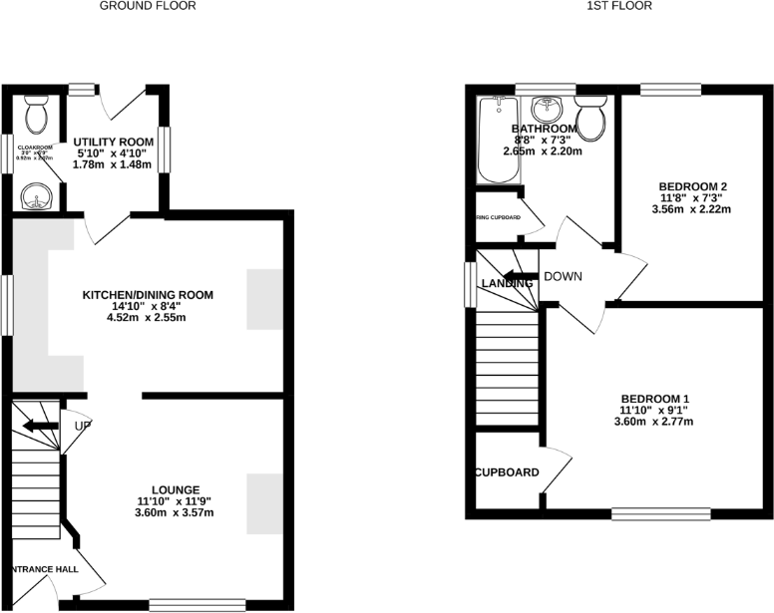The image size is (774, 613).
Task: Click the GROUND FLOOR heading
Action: pyautogui.click(x=148, y=6)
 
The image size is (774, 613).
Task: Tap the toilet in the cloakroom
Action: pyautogui.click(x=36, y=115)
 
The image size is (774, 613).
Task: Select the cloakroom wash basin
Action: pyautogui.click(x=36, y=196)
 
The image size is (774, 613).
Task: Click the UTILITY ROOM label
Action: pyautogui.click(x=115, y=143)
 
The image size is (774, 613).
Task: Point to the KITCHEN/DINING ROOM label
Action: pyautogui.click(x=149, y=295)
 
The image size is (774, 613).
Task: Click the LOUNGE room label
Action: pyautogui.click(x=176, y=489)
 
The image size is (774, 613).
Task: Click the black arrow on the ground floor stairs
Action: pyautogui.click(x=41, y=426)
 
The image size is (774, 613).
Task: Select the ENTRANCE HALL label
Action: pyautogui.click(x=46, y=569)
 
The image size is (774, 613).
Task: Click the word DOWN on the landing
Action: pyautogui.click(x=563, y=277)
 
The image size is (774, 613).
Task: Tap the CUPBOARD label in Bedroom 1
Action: pyautogui.click(x=507, y=472)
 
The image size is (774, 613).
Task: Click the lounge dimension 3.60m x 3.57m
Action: pyautogui.click(x=176, y=512)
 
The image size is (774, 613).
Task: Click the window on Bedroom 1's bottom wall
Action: pyautogui.click(x=660, y=513)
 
